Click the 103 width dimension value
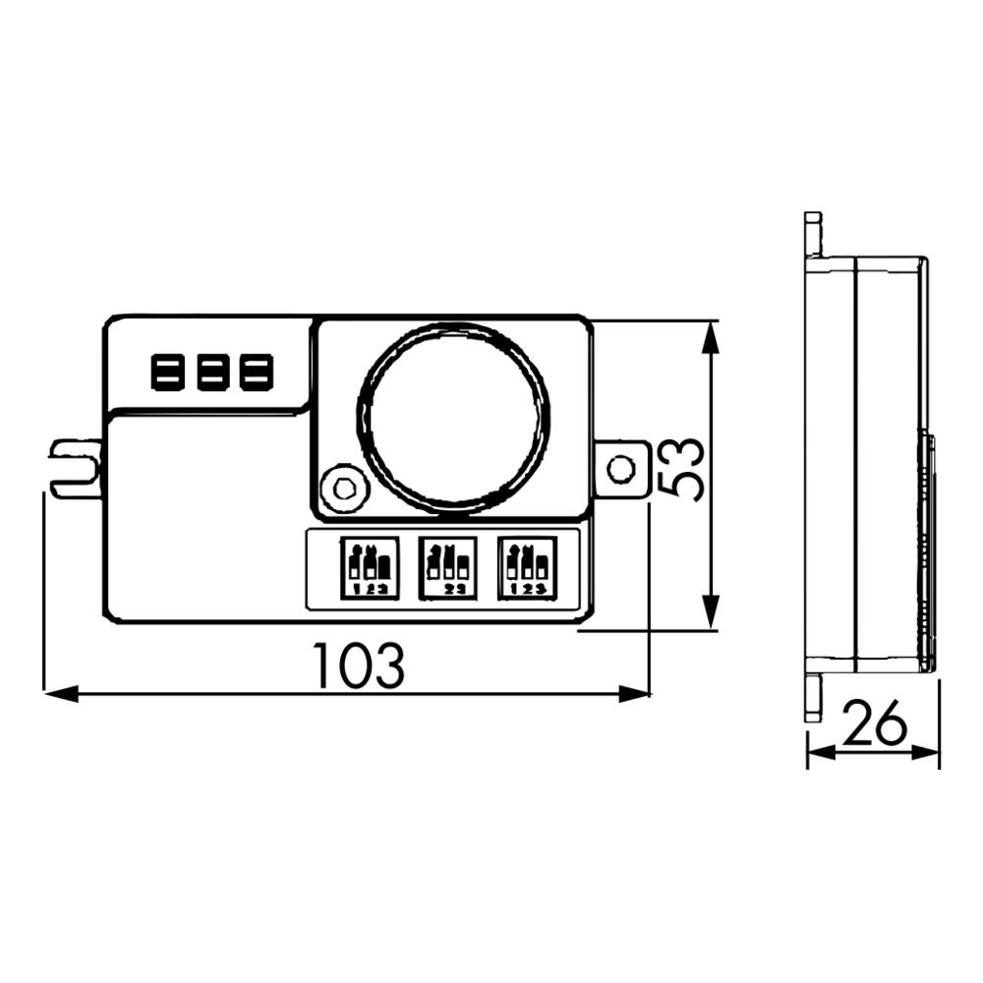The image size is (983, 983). coord(358,665)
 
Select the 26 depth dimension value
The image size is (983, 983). coord(874,726)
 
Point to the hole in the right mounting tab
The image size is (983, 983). coord(620,469)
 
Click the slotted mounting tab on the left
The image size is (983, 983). coord(77,469)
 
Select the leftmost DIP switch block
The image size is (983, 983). coord(369,567)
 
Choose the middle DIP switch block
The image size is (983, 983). coord(447,567)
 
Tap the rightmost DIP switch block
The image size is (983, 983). coord(526,567)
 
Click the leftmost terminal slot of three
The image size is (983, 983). coord(163,373)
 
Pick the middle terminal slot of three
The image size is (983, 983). coord(209,373)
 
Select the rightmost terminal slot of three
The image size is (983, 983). coord(256,373)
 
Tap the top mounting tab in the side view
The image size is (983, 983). coord(812,233)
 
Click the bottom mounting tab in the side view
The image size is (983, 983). coord(812,697)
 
